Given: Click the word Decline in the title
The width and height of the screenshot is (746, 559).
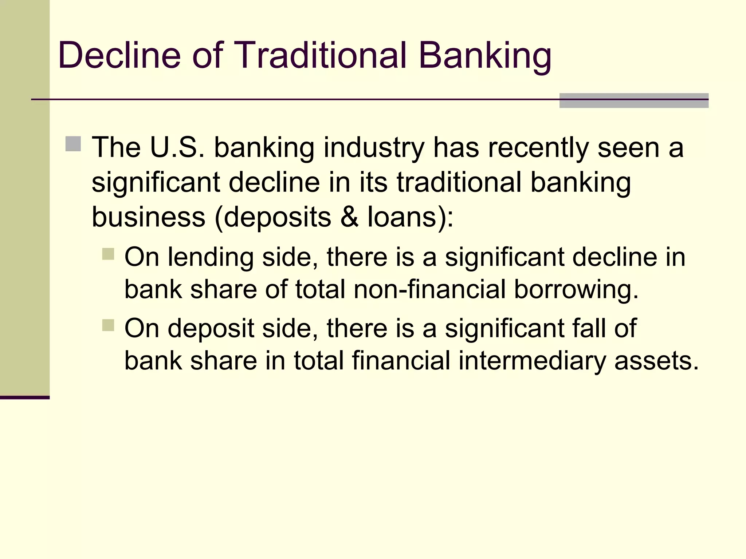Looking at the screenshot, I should [x=119, y=55].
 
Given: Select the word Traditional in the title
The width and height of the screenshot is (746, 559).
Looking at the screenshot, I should [x=321, y=55].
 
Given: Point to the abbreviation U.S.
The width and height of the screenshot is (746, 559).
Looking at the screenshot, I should [x=177, y=147].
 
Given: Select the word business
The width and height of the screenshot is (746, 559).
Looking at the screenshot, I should [x=148, y=217].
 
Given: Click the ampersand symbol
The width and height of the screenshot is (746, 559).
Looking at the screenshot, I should [x=349, y=217].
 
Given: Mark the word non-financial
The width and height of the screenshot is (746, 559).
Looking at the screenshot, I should [x=429, y=290].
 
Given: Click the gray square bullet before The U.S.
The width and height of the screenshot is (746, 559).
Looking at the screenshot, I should [x=73, y=144].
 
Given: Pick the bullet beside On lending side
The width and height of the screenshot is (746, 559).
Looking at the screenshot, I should [x=108, y=254].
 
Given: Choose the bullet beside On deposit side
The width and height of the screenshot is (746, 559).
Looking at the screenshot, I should [x=108, y=325].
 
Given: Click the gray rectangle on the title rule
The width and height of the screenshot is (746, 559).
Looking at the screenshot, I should [x=633, y=101].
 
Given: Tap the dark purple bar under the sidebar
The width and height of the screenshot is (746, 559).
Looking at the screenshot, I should [x=24, y=397].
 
